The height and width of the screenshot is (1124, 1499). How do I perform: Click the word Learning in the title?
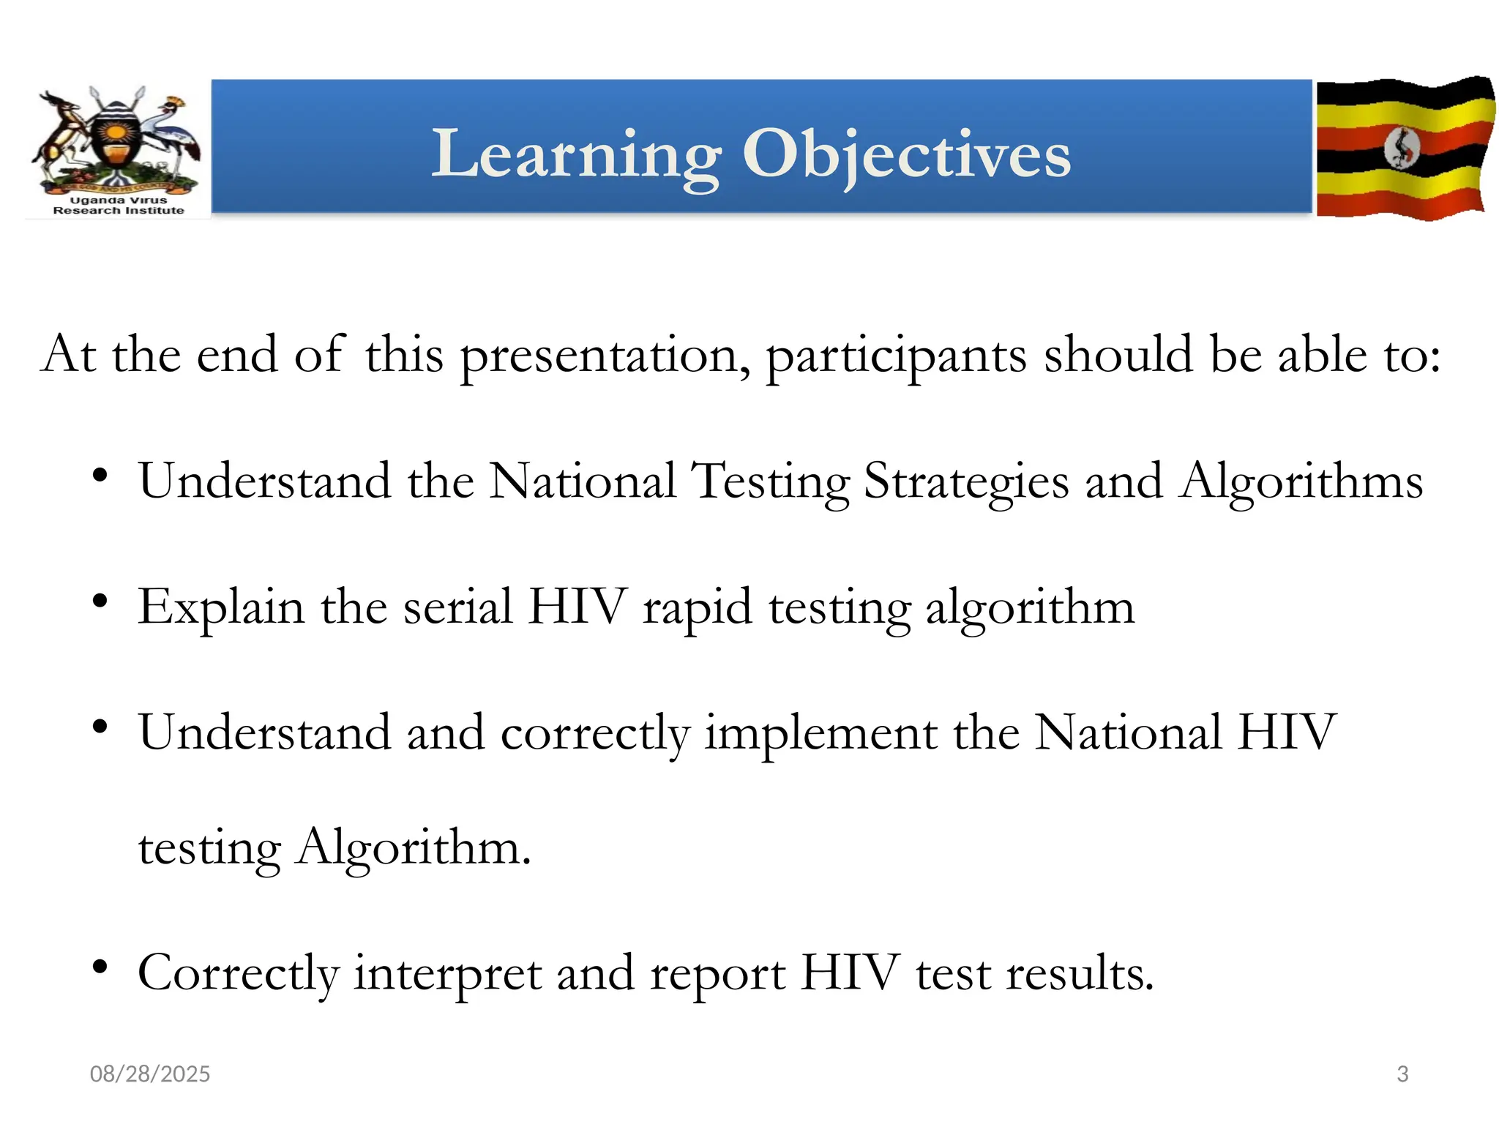[x=576, y=154]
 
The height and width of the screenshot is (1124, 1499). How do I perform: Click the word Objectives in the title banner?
[x=906, y=154]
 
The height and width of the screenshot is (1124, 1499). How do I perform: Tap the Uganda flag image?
[x=1404, y=148]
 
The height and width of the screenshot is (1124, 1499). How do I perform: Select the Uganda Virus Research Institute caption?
[x=119, y=206]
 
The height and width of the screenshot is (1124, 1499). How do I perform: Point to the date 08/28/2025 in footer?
[x=149, y=1074]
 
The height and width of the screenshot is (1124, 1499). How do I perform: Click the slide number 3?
[x=1402, y=1074]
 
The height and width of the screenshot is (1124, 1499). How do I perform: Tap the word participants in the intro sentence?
[x=896, y=356]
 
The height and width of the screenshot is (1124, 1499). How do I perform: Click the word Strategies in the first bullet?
[x=965, y=482]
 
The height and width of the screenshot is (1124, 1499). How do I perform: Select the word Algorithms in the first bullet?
[x=1301, y=482]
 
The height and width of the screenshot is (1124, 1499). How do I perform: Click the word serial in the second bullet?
[x=457, y=607]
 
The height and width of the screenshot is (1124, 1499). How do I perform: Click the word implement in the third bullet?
[x=820, y=734]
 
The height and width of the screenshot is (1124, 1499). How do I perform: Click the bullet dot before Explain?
[x=100, y=602]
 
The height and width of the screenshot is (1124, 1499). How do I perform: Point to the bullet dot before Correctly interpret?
[x=100, y=967]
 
